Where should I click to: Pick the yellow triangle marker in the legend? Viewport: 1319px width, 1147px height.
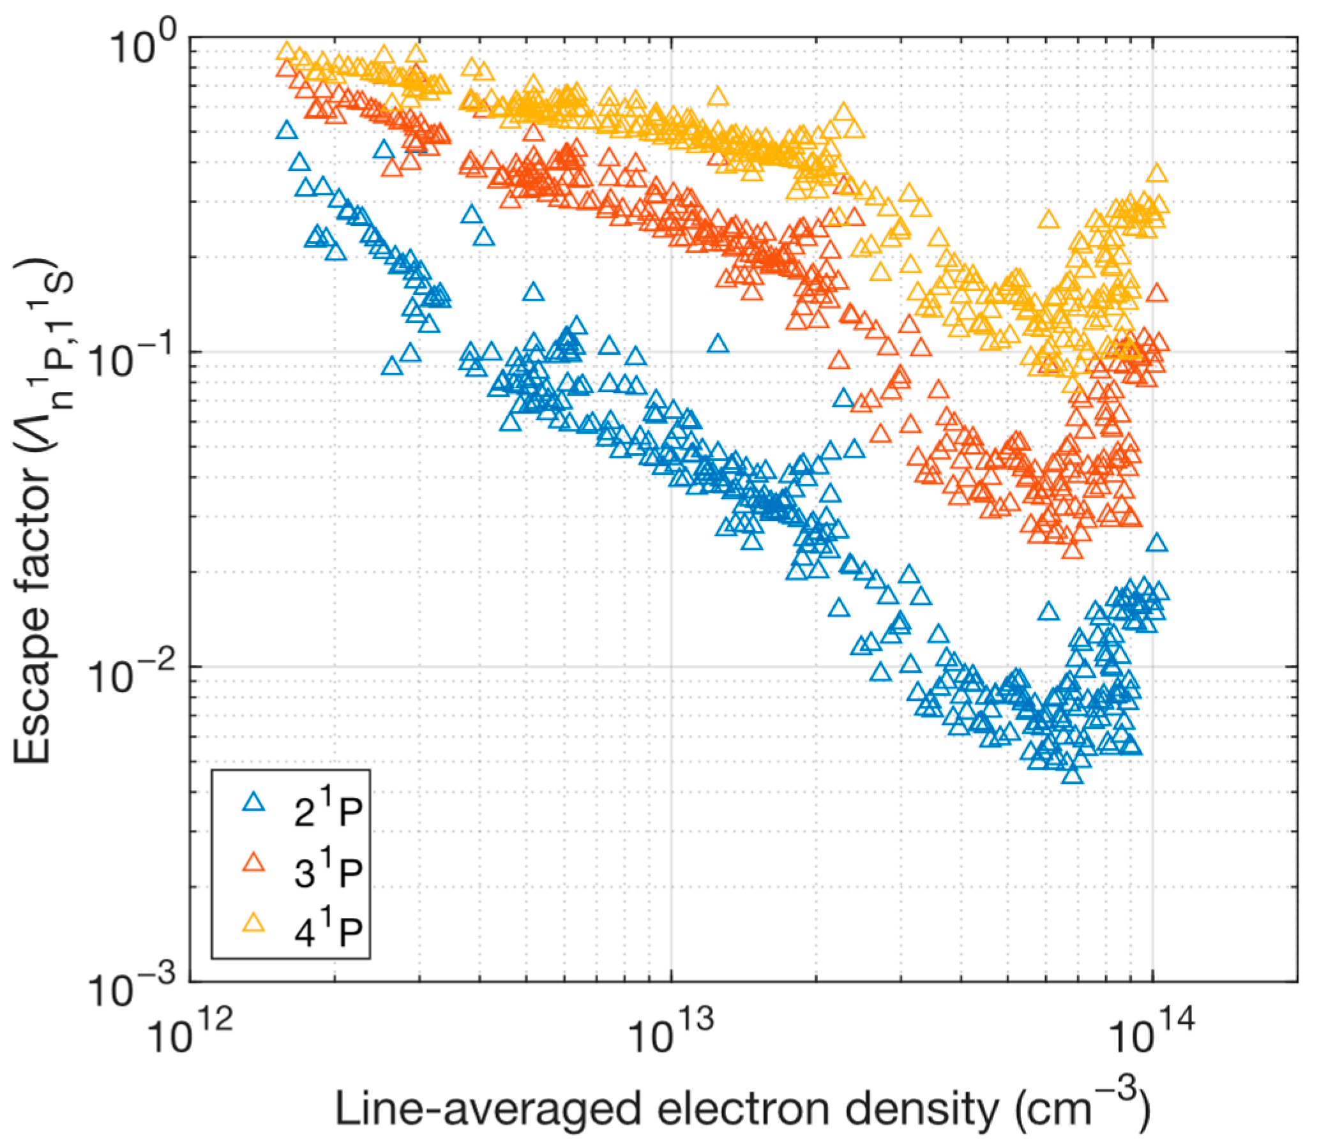pyautogui.click(x=254, y=923)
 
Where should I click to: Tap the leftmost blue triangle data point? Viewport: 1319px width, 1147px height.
pyautogui.click(x=287, y=131)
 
